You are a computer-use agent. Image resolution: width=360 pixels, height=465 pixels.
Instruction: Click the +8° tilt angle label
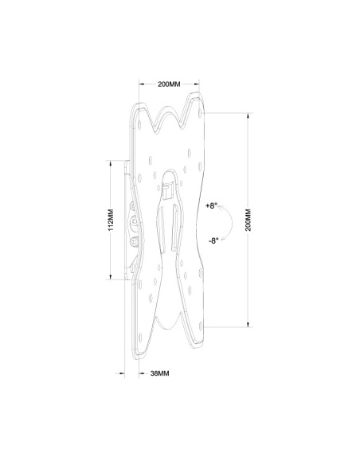click(210, 205)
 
